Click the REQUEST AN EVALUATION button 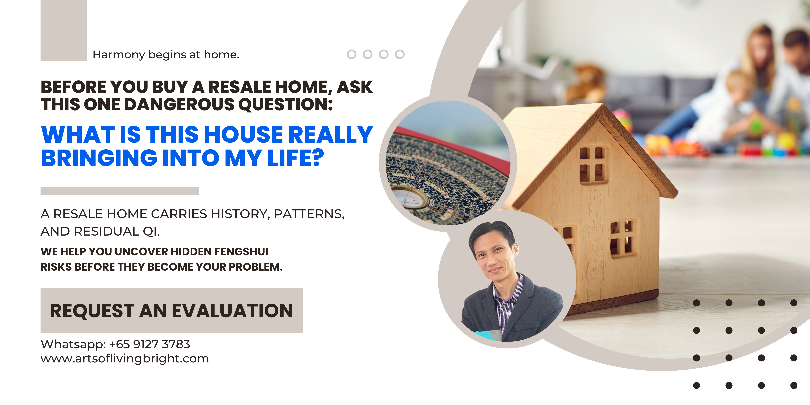pyautogui.click(x=171, y=311)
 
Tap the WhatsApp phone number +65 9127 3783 pyautogui.click(x=149, y=344)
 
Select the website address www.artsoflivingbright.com pyautogui.click(x=125, y=358)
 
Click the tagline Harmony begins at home pyautogui.click(x=166, y=55)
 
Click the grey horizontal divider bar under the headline pyautogui.click(x=120, y=191)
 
